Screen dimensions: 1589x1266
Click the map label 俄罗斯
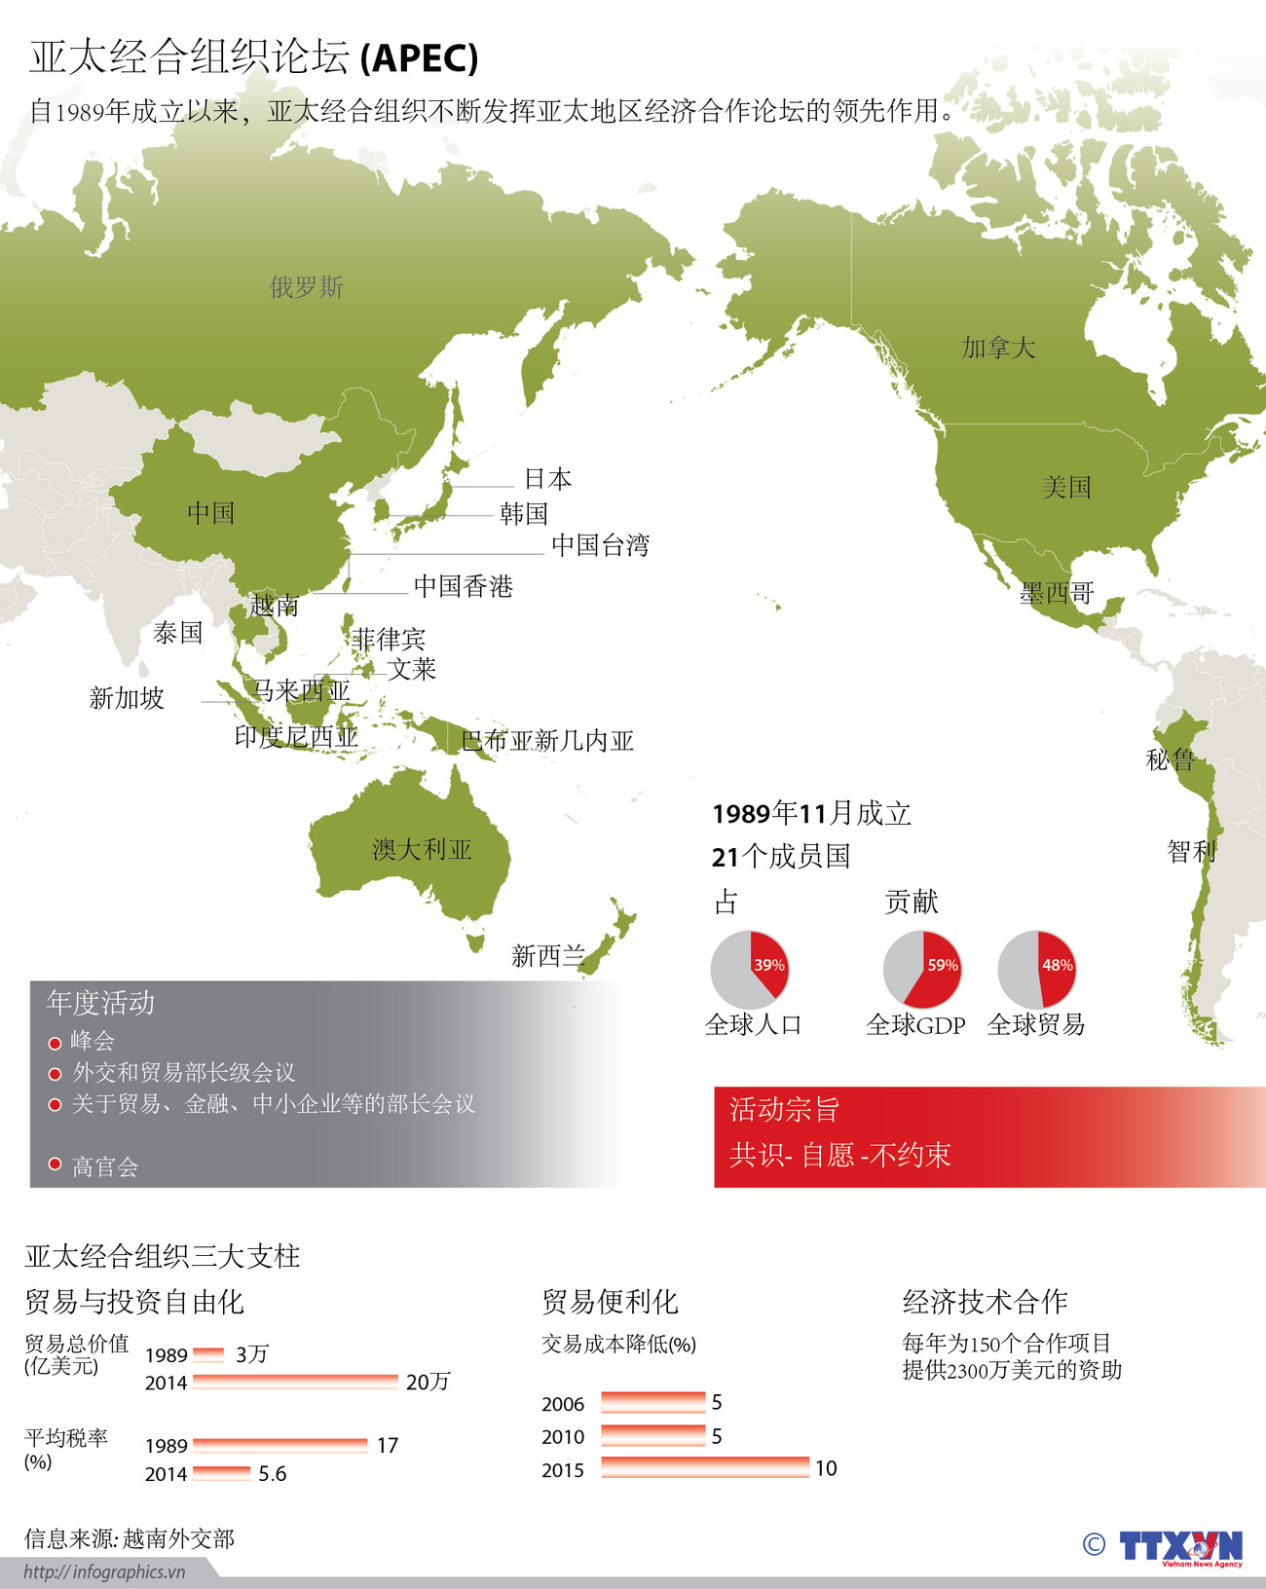(307, 287)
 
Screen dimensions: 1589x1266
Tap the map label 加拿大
(998, 348)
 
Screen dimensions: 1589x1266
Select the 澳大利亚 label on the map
(422, 850)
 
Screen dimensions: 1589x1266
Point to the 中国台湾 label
(600, 545)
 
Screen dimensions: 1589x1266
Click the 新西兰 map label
(548, 956)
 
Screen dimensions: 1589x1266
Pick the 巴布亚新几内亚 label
(547, 741)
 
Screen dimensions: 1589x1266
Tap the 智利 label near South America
(1192, 852)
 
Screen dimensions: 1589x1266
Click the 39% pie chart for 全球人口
(749, 969)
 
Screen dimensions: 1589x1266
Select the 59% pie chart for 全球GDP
(921, 969)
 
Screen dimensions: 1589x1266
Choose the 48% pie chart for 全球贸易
(1036, 969)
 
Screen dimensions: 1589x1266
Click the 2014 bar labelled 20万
(295, 1382)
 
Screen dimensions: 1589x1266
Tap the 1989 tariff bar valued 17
(279, 1446)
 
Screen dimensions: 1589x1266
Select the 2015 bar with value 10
(705, 1468)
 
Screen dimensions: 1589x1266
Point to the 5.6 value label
(273, 1474)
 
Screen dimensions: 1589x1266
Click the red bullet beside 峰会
(56, 1043)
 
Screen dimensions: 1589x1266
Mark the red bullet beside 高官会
(56, 1164)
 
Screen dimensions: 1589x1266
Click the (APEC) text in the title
(419, 59)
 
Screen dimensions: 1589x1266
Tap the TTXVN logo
(1180, 1546)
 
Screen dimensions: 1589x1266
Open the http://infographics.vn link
(104, 1571)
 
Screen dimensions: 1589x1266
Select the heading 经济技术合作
(985, 1302)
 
